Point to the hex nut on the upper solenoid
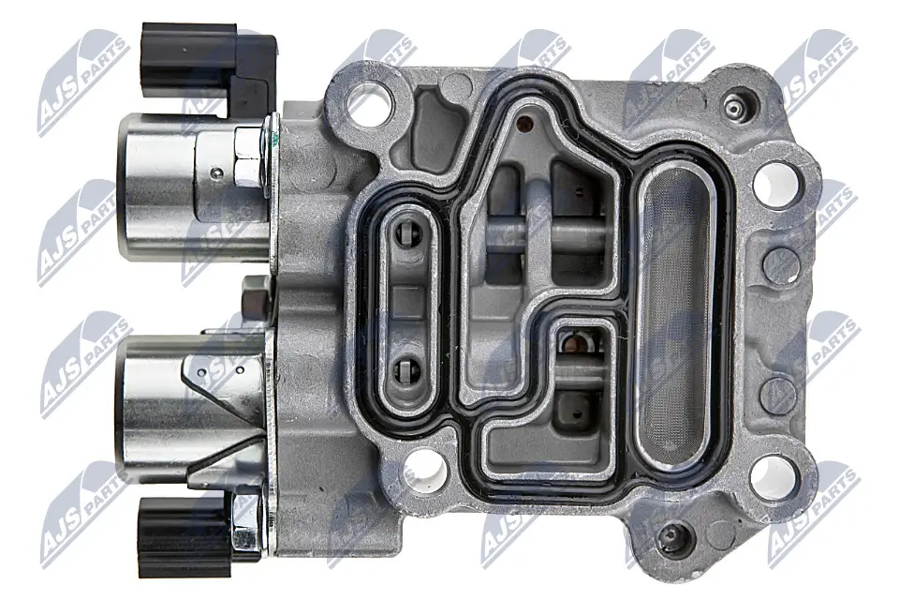[x=249, y=157]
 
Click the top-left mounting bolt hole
[x=371, y=103]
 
